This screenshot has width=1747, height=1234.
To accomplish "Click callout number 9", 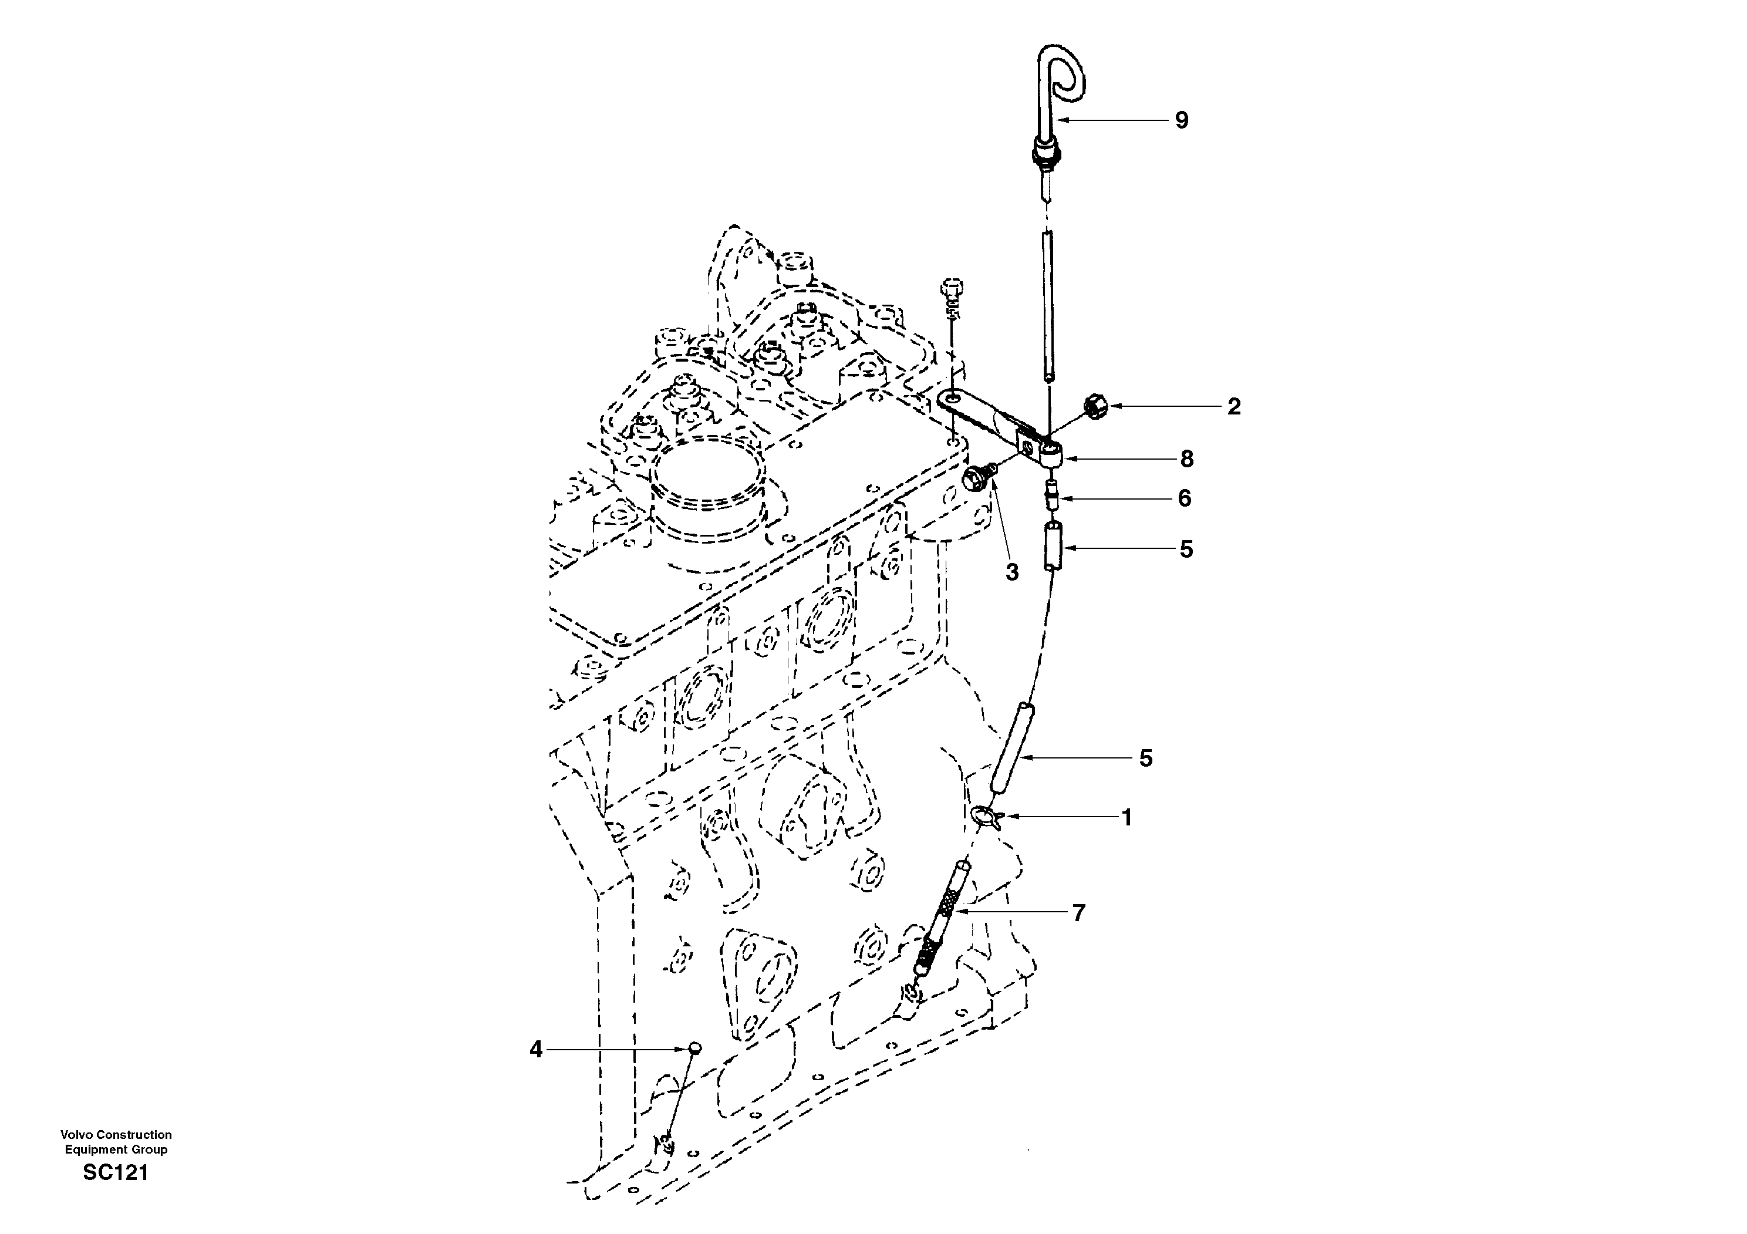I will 1181,120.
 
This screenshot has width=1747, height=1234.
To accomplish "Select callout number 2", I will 1233,407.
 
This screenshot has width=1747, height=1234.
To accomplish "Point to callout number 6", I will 1184,498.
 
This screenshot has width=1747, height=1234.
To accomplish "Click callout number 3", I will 1011,572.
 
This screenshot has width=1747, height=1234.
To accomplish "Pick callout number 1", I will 1127,818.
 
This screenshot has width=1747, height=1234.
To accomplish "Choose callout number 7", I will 1078,912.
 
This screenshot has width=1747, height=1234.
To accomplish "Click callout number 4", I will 537,1050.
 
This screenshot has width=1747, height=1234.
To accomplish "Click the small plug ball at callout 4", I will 694,1048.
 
